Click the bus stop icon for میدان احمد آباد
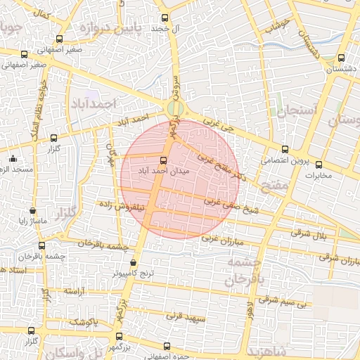click(163, 160)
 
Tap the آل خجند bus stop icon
click(165, 18)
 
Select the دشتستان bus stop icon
click(341, 58)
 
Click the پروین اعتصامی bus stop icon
click(285, 149)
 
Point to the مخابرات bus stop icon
click(319, 165)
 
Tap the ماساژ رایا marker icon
click(32, 210)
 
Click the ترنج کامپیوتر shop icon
click(133, 263)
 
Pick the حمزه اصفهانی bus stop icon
click(167, 346)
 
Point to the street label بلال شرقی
click(309, 232)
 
